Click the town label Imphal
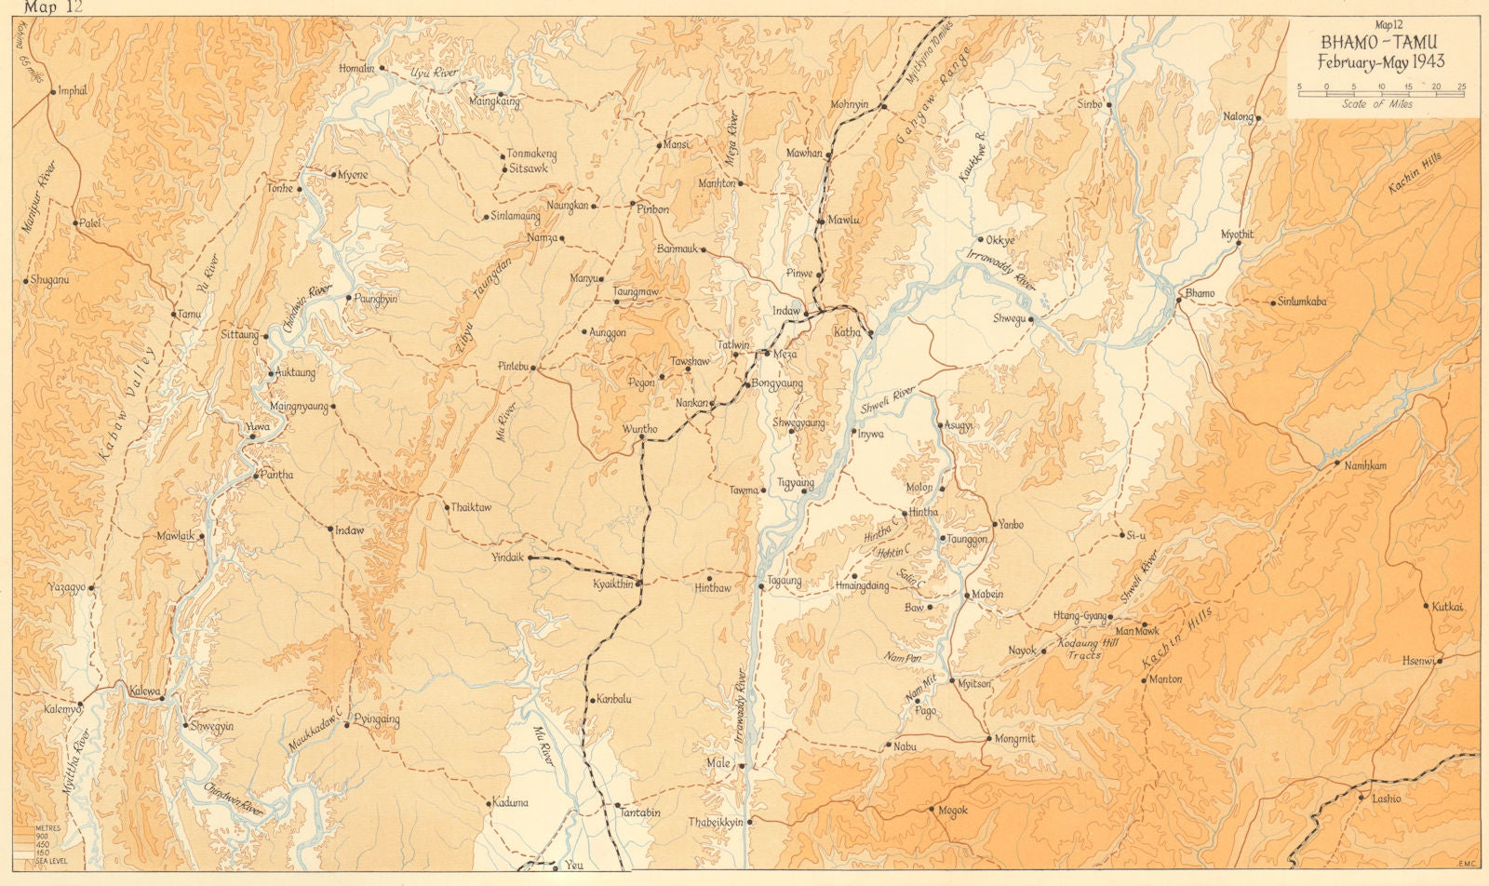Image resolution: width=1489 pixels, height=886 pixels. (72, 91)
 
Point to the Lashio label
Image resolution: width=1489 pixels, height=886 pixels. (1385, 799)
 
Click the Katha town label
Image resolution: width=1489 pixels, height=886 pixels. (847, 332)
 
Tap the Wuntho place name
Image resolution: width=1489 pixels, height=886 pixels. (639, 429)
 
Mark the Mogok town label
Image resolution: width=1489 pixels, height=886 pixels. (952, 811)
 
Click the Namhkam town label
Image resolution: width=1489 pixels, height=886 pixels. (1365, 464)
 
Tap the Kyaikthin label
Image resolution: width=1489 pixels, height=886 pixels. (612, 584)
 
